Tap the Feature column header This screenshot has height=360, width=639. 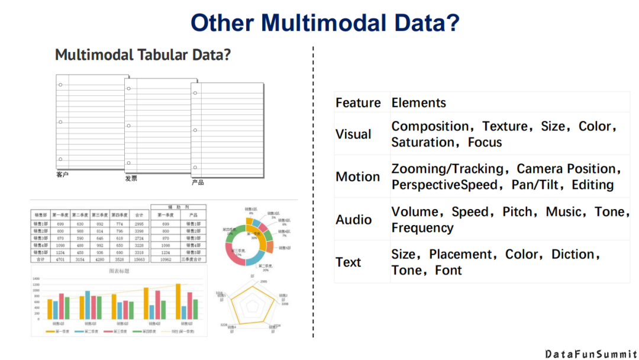tap(358, 103)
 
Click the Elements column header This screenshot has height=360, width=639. tap(418, 103)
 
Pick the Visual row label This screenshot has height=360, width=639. tap(353, 134)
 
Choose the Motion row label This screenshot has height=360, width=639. tap(357, 177)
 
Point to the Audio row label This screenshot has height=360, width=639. tap(353, 220)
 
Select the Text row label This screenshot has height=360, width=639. tap(348, 262)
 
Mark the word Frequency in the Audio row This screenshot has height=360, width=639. tap(422, 228)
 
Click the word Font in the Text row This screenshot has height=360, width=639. tap(448, 271)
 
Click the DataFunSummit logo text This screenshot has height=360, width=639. tap(590, 353)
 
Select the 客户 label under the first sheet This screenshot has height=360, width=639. tap(63, 175)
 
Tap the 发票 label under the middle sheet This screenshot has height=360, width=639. tap(131, 178)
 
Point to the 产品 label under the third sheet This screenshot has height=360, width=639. tap(198, 182)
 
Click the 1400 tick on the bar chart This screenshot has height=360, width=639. tap(36, 279)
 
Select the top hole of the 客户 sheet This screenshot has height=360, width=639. tap(60, 85)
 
